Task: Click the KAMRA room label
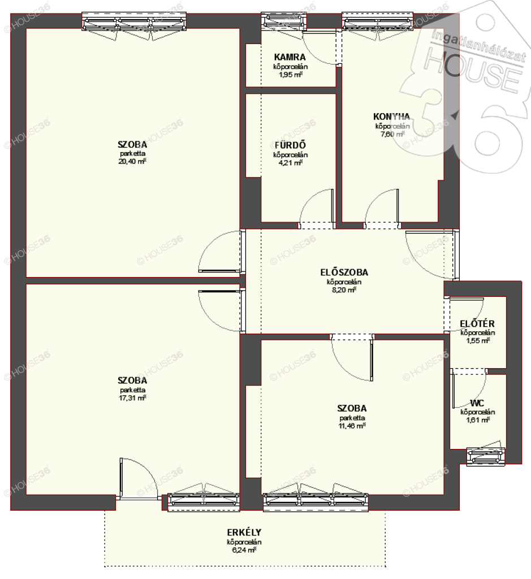[x=290, y=57]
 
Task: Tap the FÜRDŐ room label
[x=290, y=145]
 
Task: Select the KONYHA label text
[x=391, y=116]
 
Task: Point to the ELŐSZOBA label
[x=344, y=272]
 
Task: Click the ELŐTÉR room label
[x=477, y=323]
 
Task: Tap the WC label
[x=477, y=403]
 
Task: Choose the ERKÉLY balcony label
[x=244, y=532]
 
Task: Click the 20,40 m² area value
[x=132, y=161]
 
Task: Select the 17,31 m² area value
[x=132, y=397]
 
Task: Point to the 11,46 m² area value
[x=352, y=425]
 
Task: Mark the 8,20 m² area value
[x=344, y=290]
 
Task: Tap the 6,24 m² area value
[x=244, y=550]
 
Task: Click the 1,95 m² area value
[x=290, y=75]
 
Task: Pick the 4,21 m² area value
[x=290, y=162]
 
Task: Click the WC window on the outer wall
[x=486, y=456]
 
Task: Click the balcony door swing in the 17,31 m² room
[x=139, y=478]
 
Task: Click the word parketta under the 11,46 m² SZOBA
[x=352, y=418]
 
